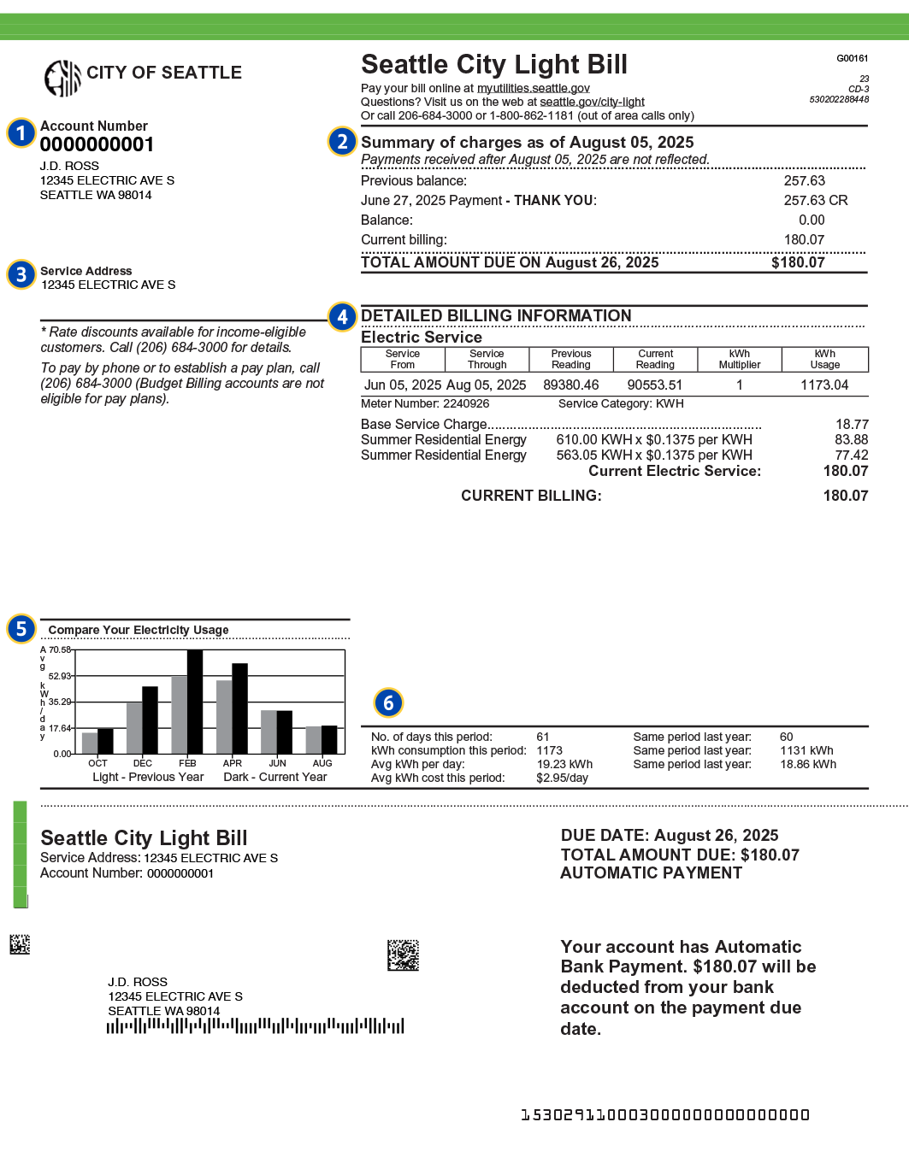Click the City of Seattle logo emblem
(x=62, y=79)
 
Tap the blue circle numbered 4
(x=342, y=317)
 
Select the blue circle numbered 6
(x=388, y=702)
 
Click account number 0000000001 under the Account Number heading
(x=97, y=144)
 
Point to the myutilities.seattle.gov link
(x=533, y=88)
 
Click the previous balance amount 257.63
(x=804, y=180)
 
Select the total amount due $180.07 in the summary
(x=798, y=262)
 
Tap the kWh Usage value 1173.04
(x=824, y=385)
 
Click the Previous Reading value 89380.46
(x=570, y=385)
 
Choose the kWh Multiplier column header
(x=739, y=359)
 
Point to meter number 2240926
(x=466, y=403)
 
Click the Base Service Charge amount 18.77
(x=852, y=424)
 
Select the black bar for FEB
(x=195, y=702)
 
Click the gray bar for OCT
(x=90, y=743)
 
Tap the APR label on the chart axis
(x=233, y=763)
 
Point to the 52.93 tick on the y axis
(x=59, y=676)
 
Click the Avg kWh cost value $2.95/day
(x=562, y=778)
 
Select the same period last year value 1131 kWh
(x=806, y=750)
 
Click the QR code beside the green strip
(x=20, y=944)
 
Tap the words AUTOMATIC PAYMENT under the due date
(x=651, y=872)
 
